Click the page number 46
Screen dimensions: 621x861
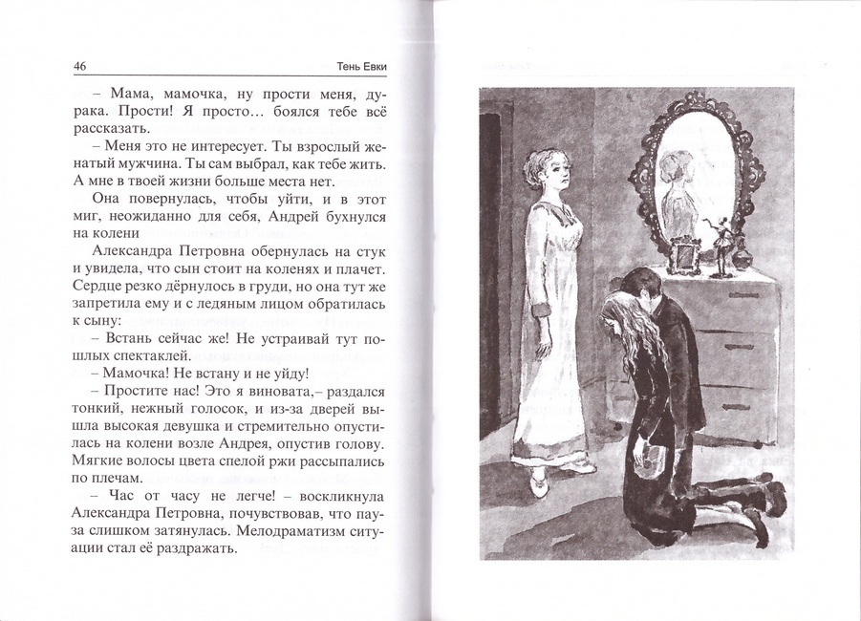pos(80,67)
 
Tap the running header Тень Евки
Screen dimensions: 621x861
pos(365,67)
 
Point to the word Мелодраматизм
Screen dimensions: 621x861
pos(297,533)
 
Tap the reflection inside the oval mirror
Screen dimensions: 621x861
pos(684,182)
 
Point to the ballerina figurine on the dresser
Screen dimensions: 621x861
pos(721,246)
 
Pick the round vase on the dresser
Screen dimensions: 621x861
pos(742,258)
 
